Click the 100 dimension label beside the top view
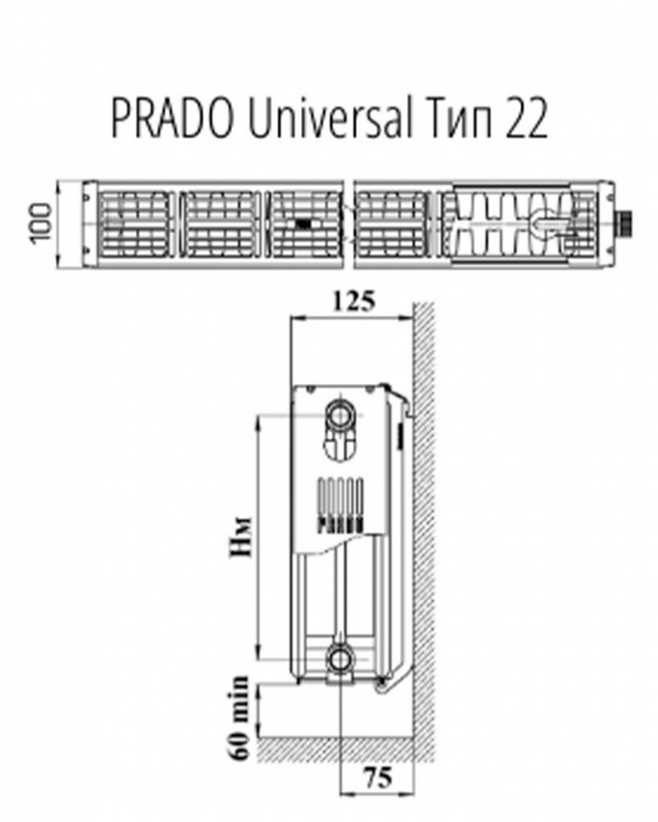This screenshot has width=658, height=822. coord(39,223)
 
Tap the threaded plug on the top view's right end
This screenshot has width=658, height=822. coord(625,225)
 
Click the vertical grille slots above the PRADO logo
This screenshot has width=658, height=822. coord(341,495)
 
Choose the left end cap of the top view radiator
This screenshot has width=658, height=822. coord(88,224)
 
